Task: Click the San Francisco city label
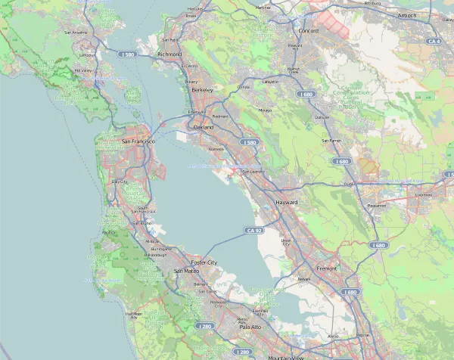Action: point(138,141)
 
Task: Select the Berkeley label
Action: point(203,90)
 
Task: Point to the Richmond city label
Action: point(169,54)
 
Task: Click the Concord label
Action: point(309,31)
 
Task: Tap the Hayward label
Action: point(287,203)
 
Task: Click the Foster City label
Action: point(204,262)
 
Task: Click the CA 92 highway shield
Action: point(253,230)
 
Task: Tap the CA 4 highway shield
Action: point(433,41)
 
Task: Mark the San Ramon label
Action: point(332,141)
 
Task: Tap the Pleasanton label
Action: point(376,205)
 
